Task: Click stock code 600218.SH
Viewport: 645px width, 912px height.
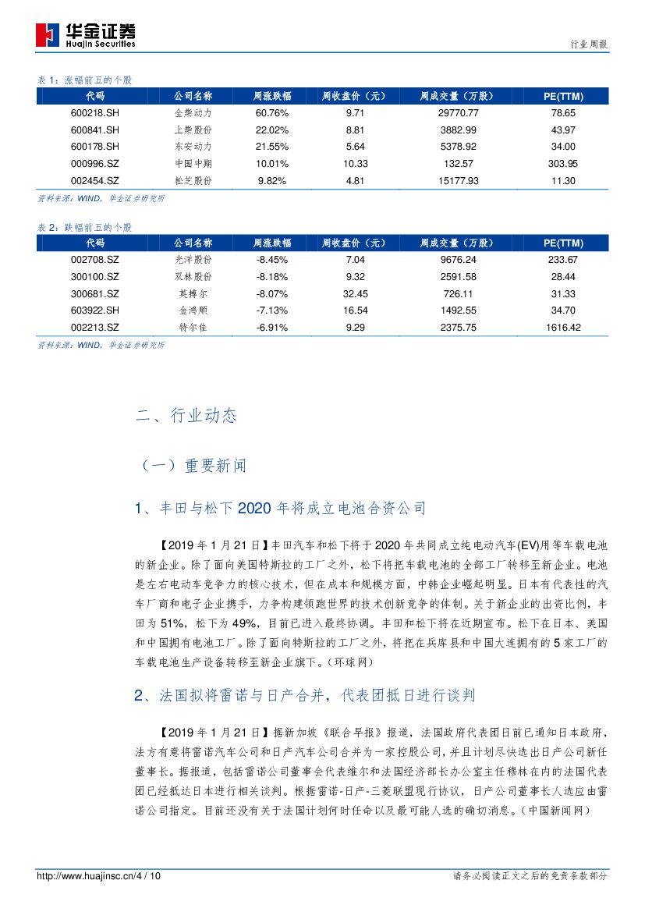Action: click(94, 113)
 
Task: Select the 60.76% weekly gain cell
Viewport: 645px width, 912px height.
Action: click(272, 113)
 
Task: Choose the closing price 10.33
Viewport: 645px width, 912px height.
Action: click(355, 163)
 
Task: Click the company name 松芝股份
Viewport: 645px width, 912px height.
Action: click(191, 180)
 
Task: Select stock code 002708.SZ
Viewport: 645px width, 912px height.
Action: click(94, 260)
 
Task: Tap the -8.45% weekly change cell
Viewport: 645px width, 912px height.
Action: click(272, 260)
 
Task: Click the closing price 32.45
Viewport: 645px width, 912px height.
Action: click(355, 293)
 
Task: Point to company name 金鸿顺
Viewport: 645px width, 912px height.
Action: click(191, 311)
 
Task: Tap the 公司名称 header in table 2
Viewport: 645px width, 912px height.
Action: click(192, 243)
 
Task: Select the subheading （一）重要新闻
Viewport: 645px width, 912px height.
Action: click(191, 466)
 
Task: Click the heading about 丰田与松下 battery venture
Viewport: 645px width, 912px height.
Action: click(280, 509)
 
